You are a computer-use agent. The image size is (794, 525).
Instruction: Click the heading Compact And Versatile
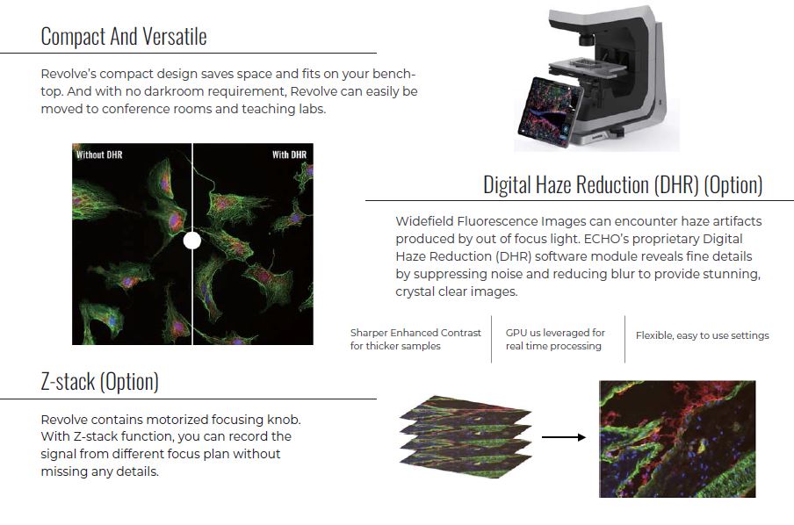click(124, 37)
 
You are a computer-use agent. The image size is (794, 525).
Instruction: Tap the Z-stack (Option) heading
click(100, 382)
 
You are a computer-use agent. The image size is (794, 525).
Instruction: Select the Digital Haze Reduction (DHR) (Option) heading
click(623, 184)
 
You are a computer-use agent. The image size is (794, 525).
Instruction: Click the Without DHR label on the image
click(99, 155)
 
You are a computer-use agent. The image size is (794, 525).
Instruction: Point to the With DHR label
click(289, 155)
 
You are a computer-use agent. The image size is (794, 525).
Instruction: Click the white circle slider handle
click(192, 241)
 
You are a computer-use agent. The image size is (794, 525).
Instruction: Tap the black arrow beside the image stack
click(564, 437)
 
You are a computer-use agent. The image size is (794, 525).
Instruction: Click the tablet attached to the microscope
click(550, 112)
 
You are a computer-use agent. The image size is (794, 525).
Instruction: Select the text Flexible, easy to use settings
click(703, 335)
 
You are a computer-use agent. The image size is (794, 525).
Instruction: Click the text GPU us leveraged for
click(555, 333)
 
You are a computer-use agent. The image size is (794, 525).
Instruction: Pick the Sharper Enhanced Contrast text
click(415, 333)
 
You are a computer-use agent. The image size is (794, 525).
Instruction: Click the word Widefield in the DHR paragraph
click(424, 221)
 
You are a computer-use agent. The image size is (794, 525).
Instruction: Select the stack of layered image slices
click(466, 437)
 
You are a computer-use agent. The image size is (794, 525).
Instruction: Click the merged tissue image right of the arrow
click(677, 439)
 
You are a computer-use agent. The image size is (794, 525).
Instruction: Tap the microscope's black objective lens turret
click(587, 39)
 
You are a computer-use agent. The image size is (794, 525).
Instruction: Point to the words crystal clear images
click(456, 291)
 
